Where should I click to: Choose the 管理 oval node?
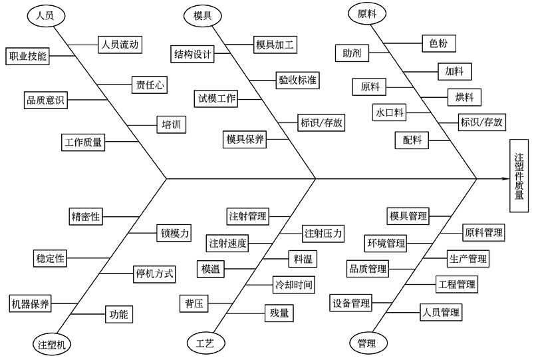[x=366, y=343]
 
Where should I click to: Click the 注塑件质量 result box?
[x=519, y=176]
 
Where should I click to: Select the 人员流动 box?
[x=120, y=45]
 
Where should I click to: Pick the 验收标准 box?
[x=297, y=81]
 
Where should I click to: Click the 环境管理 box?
[x=386, y=243]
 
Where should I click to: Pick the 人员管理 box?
[x=441, y=311]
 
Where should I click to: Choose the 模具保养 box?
[x=245, y=139]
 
